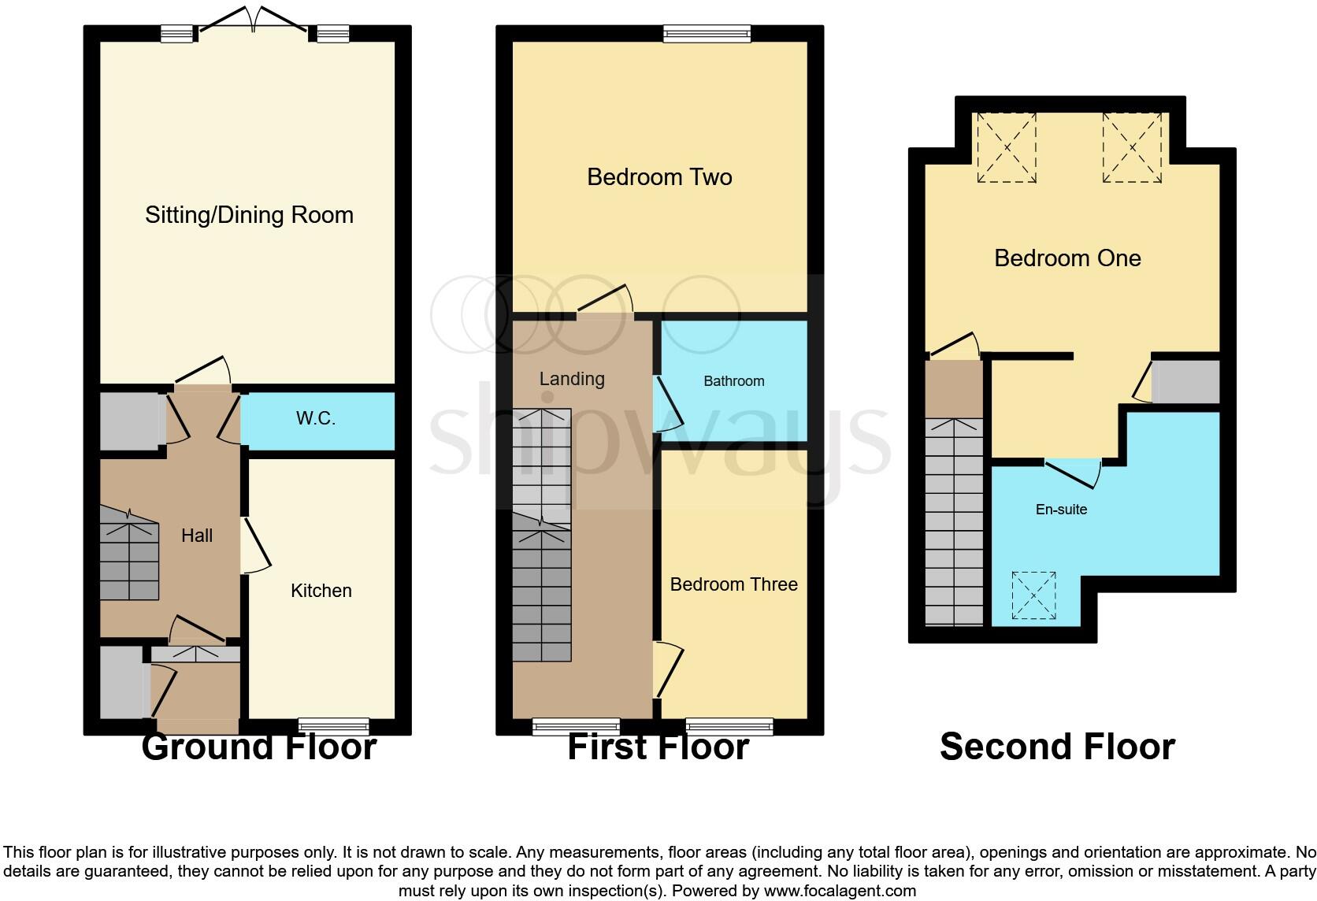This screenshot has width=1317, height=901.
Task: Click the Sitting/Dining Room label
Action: pyautogui.click(x=249, y=215)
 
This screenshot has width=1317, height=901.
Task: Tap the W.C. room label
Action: pyautogui.click(x=315, y=418)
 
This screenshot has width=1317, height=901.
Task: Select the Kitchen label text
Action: pyautogui.click(x=321, y=591)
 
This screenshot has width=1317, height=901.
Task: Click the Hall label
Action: pyautogui.click(x=197, y=536)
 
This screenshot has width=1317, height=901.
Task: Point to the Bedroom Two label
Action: pyautogui.click(x=659, y=177)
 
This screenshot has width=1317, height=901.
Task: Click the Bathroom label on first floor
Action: pyautogui.click(x=733, y=381)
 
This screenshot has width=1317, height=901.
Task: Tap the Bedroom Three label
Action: pyautogui.click(x=733, y=584)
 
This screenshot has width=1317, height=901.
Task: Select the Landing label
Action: pyautogui.click(x=572, y=379)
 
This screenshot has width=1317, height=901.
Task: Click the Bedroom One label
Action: pyautogui.click(x=1067, y=258)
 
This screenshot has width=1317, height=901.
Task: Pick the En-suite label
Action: pyautogui.click(x=1061, y=510)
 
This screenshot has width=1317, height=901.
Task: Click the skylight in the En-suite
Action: pyautogui.click(x=1033, y=595)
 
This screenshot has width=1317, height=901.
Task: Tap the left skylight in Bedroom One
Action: pyautogui.click(x=1007, y=147)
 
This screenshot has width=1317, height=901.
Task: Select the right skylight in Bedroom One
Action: pyautogui.click(x=1132, y=147)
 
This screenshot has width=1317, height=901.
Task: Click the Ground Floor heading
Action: pyautogui.click(x=258, y=747)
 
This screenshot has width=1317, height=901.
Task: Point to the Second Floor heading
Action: pyautogui.click(x=1057, y=747)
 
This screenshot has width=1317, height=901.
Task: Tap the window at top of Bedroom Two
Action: pyautogui.click(x=707, y=33)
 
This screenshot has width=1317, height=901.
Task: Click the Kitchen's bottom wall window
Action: pyautogui.click(x=334, y=726)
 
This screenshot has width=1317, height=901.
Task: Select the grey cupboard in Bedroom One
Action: pyautogui.click(x=1185, y=382)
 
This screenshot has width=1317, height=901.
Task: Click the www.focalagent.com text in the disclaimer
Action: pyautogui.click(x=840, y=891)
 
